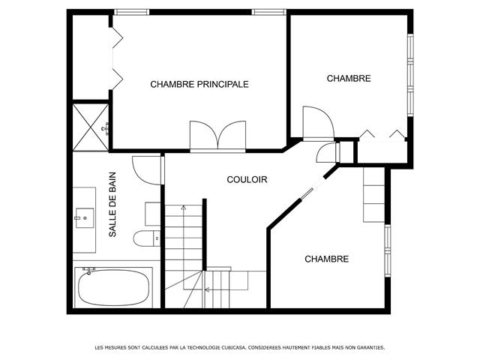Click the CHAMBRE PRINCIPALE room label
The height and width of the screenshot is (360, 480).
[x=199, y=84]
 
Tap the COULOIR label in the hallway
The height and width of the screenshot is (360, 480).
[x=247, y=179]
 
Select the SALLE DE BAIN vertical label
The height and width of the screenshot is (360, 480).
[x=112, y=205]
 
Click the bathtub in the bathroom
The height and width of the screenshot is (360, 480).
[x=113, y=287]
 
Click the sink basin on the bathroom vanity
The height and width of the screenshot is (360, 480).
[x=84, y=219]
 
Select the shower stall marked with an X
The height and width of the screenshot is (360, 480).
[x=90, y=127]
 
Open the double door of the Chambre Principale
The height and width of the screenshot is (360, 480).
[x=217, y=136]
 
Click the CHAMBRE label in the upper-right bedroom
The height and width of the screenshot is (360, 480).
[x=349, y=79]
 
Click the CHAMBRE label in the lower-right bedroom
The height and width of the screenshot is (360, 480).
[x=326, y=259]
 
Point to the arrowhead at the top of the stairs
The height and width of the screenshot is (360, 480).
[x=183, y=207]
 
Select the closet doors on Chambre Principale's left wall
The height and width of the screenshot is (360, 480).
[x=115, y=57]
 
